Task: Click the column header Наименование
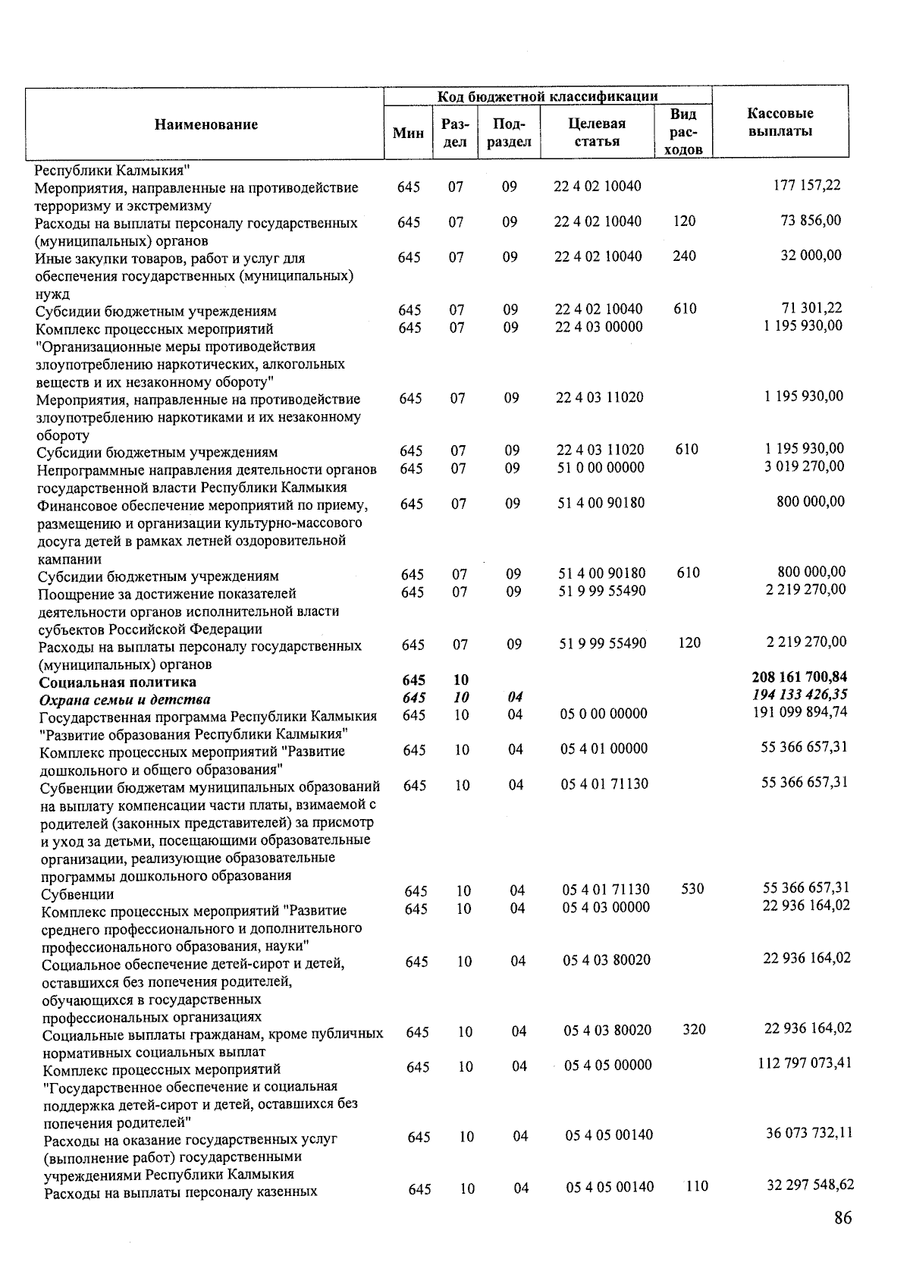point(206,124)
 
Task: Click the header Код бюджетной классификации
point(547,96)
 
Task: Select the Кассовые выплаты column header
point(780,122)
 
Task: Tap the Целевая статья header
point(597,132)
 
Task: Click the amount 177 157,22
point(806,185)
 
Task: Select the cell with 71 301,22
point(811,308)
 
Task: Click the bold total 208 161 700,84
point(799,676)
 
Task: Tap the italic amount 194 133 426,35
point(799,694)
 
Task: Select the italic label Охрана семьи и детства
point(125,699)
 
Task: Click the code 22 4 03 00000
point(598,327)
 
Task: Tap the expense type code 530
point(692,888)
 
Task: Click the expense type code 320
point(693,1029)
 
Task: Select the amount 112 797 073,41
point(804,1063)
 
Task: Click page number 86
point(842,1218)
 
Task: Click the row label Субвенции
point(78,894)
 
